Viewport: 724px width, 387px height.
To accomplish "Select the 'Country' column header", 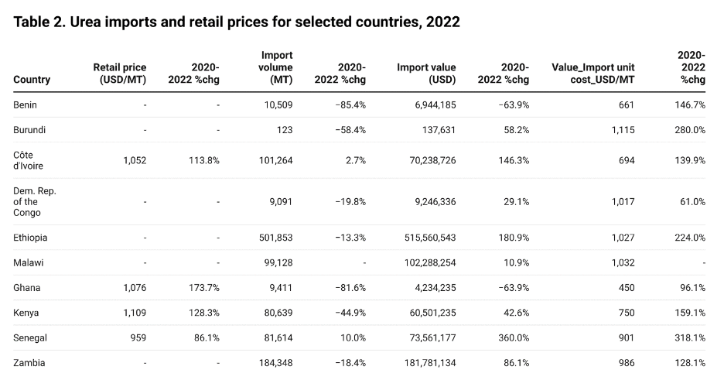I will (x=32, y=80).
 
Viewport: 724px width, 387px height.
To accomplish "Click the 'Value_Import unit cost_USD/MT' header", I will (x=593, y=74).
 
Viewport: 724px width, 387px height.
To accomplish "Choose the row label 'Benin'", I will (x=26, y=104).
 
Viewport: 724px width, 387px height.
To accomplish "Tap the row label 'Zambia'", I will (x=29, y=362).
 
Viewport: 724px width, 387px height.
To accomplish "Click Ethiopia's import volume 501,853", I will (x=275, y=238).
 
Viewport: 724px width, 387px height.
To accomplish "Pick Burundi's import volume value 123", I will (x=285, y=130).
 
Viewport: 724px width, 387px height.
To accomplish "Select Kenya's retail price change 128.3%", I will (x=203, y=313).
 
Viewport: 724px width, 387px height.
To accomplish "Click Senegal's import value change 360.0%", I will (x=514, y=337).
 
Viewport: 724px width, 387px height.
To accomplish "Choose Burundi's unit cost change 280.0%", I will (x=689, y=130).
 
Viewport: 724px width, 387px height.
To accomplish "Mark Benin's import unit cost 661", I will (x=626, y=104).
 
